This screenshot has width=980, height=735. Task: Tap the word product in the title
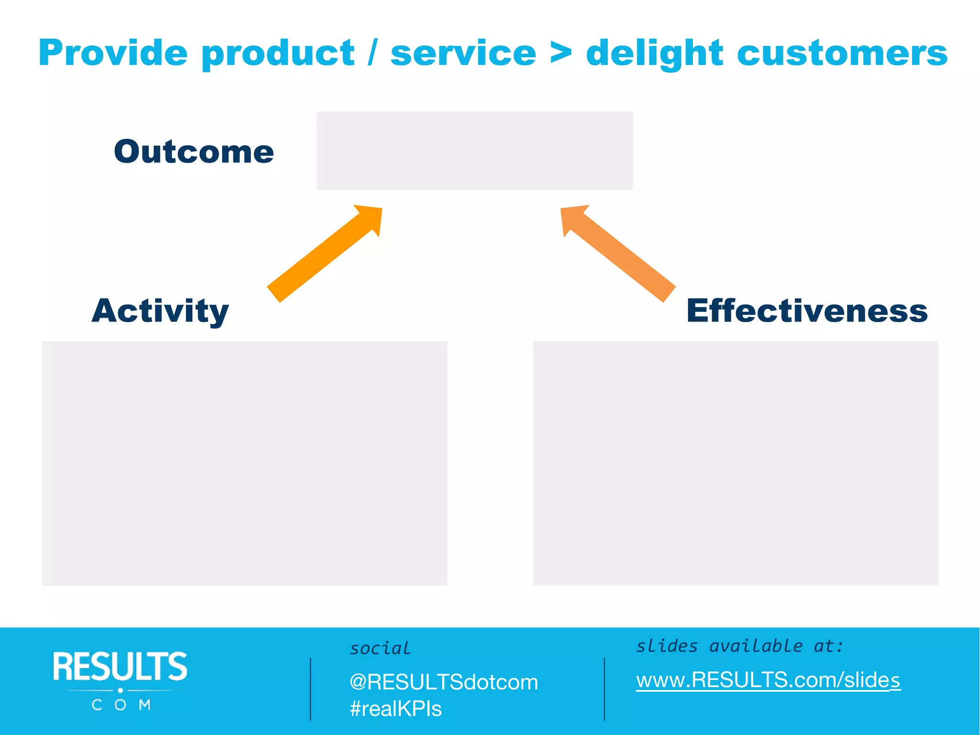click(x=278, y=54)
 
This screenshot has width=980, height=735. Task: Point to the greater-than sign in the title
click(x=561, y=53)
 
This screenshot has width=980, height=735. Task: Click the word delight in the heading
click(x=655, y=54)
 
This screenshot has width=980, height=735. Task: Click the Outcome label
click(x=194, y=152)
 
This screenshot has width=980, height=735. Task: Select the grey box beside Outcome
click(x=475, y=151)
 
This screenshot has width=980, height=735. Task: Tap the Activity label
click(x=160, y=311)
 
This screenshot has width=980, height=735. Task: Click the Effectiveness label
click(x=807, y=311)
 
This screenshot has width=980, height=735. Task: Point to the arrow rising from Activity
click(x=325, y=254)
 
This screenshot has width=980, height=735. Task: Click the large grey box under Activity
click(x=245, y=463)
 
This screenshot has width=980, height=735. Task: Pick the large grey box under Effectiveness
click(x=735, y=463)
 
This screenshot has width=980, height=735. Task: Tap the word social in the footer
click(x=380, y=648)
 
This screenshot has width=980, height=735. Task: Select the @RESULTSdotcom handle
click(x=444, y=682)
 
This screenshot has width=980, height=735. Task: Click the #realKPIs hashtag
click(x=396, y=709)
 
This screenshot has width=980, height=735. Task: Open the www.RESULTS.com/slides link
click(x=768, y=680)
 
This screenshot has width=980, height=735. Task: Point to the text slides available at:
click(x=739, y=646)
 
